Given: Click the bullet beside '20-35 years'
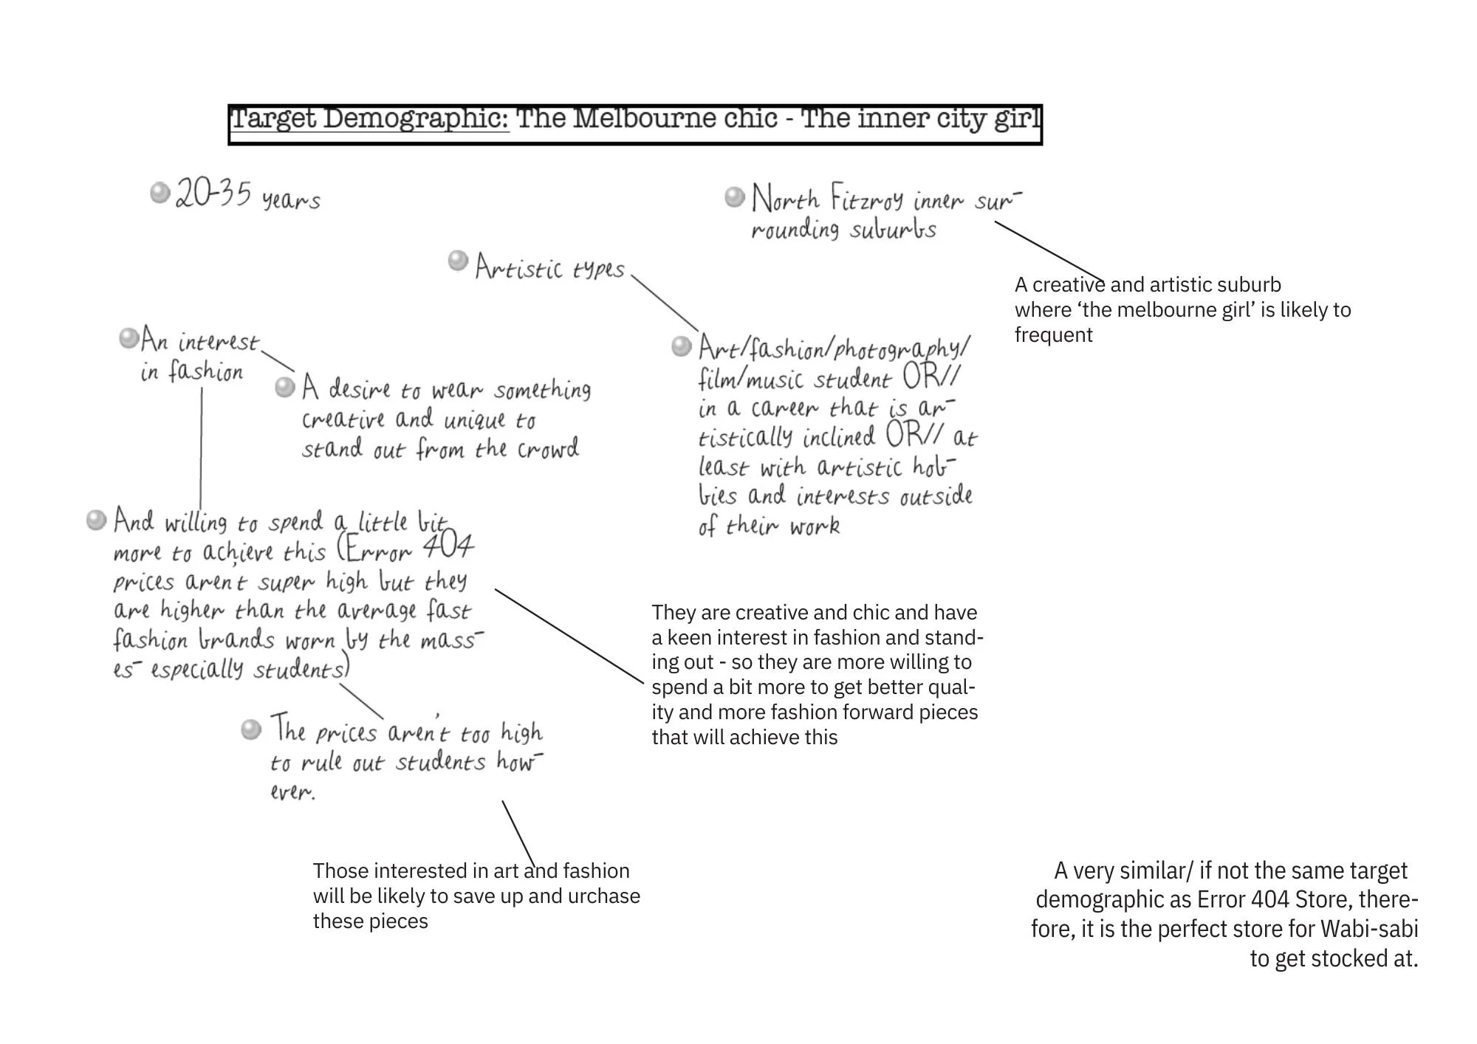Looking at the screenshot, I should coord(160,193).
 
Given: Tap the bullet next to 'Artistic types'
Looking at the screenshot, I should coord(458,260).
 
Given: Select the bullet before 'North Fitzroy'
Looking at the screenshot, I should coord(734,196).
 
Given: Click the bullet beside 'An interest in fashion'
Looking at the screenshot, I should coord(128,339).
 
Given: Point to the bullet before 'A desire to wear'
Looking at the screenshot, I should coord(285,387).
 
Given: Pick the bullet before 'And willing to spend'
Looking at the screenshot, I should coord(96,520).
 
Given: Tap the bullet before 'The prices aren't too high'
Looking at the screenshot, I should coord(251,729).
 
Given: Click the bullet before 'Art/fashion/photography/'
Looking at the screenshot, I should coord(681,346).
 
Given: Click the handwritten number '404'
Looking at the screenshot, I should coord(448,547).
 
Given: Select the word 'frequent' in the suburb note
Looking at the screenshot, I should coord(1053,335).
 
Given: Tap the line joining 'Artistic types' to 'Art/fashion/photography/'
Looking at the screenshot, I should coord(664,303).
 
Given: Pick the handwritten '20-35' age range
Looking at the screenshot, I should coord(213,194).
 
